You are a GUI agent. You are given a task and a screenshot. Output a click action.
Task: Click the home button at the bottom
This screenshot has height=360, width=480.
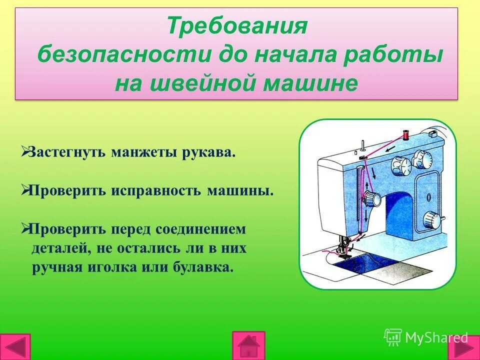(248, 345)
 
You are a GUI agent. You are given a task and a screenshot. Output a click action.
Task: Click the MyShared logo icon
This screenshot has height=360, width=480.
(393, 337)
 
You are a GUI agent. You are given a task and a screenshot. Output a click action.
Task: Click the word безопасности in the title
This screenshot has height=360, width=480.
(124, 54)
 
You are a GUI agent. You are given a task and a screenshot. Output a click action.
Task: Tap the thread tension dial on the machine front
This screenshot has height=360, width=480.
(370, 199)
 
